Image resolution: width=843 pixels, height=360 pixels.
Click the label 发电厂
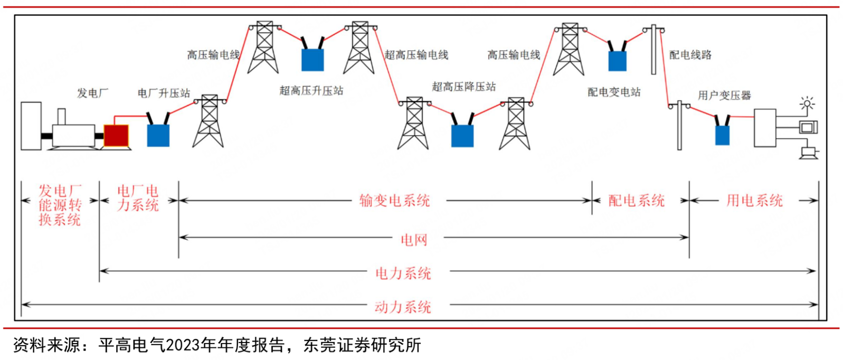tap(93, 93)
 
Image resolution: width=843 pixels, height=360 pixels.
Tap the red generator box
tap(116, 136)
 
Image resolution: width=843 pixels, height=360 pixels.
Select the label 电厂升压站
tap(164, 93)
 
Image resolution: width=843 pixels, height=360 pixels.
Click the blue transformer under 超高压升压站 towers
tap(312, 59)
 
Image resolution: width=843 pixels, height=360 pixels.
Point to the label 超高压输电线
tap(416, 55)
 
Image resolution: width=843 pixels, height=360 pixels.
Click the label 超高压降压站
tap(464, 87)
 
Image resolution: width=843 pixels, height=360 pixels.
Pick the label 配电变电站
tap(614, 92)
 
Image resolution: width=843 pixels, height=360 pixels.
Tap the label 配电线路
tap(690, 55)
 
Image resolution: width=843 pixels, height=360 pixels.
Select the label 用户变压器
tap(724, 96)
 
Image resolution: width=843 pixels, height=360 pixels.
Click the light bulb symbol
tap(807, 103)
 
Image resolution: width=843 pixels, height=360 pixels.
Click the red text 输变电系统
tap(394, 201)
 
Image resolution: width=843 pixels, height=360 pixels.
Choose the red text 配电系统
tap(636, 201)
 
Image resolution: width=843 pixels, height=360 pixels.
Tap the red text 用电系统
tap(754, 201)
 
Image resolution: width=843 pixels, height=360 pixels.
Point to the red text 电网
tap(414, 240)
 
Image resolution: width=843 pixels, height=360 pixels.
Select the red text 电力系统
tap(403, 273)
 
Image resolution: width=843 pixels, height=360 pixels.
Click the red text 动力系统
tap(403, 307)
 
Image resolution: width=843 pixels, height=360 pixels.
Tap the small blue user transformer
tap(722, 135)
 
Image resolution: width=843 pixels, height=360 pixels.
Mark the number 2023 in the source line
tap(183, 345)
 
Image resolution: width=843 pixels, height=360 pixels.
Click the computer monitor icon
tap(808, 127)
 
